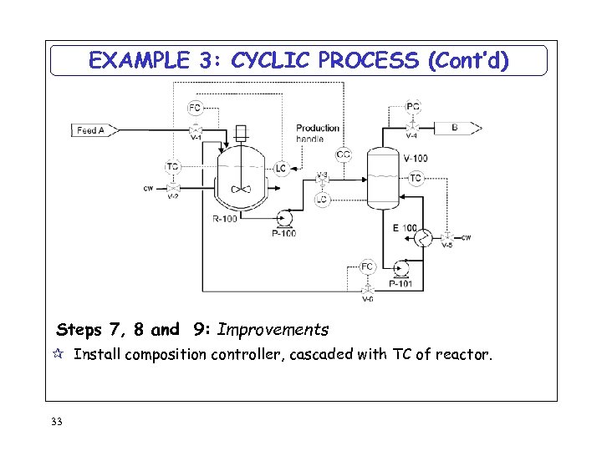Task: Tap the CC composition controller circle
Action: pyautogui.click(x=344, y=155)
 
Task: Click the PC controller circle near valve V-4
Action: pyautogui.click(x=413, y=106)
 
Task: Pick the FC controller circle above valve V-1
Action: pyautogui.click(x=195, y=108)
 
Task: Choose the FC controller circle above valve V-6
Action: pyautogui.click(x=367, y=267)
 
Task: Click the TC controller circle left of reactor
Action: pyautogui.click(x=172, y=166)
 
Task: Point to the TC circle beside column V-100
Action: pyautogui.click(x=416, y=178)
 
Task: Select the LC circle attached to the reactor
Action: pyautogui.click(x=281, y=169)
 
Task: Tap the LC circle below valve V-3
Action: pyautogui.click(x=322, y=200)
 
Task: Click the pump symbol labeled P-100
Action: pyautogui.click(x=284, y=219)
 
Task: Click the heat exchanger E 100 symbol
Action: pyautogui.click(x=424, y=238)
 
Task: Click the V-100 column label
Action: pyautogui.click(x=416, y=159)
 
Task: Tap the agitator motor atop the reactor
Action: pyautogui.click(x=241, y=131)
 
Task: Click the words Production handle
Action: pyautogui.click(x=318, y=133)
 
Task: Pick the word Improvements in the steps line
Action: pyautogui.click(x=273, y=330)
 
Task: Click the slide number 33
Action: pyautogui.click(x=57, y=422)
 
